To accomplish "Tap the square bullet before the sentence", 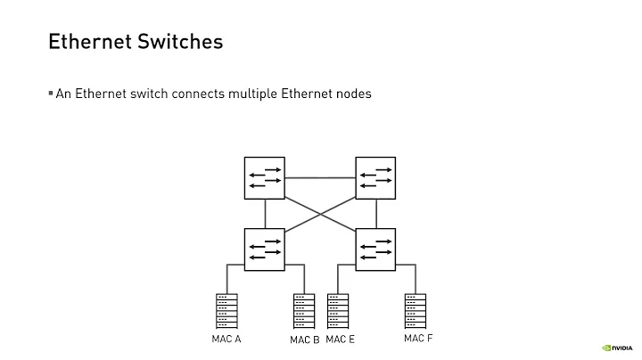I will (51, 93).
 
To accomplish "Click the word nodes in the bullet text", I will (352, 94).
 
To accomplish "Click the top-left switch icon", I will (265, 177).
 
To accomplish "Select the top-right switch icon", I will (376, 177).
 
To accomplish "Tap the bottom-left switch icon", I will (265, 249).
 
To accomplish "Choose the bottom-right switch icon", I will (376, 249).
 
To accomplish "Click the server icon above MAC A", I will (226, 312).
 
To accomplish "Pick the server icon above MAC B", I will (304, 312).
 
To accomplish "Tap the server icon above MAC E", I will (339, 312).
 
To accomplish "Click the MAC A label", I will (226, 340).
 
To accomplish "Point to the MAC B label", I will (304, 340).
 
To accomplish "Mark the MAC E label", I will (340, 340).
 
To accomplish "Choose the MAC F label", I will (418, 339).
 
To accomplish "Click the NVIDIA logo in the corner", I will (616, 348).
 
